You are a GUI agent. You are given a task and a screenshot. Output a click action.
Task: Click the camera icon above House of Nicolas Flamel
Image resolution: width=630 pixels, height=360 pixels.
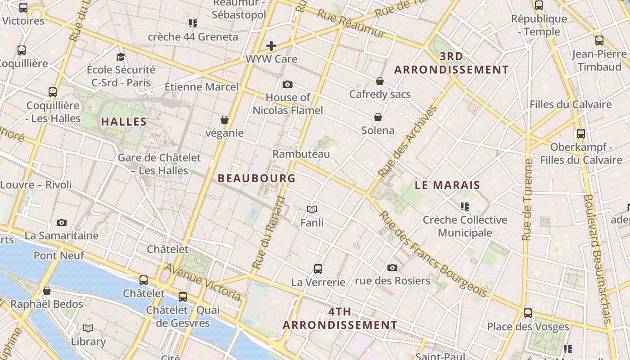(288, 84)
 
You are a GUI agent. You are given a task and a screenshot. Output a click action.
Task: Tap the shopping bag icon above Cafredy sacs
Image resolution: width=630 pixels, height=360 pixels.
(380, 81)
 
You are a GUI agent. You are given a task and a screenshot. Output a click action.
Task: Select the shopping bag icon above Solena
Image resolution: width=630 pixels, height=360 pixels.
(378, 117)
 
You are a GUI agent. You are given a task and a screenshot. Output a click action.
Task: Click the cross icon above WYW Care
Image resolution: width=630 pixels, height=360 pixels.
(271, 45)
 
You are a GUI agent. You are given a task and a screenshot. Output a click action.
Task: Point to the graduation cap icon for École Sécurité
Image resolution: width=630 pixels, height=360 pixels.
(121, 57)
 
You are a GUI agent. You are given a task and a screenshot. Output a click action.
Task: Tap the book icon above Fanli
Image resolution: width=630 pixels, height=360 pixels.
(312, 209)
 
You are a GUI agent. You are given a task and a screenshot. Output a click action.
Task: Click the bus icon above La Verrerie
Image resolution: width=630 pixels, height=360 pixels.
(318, 269)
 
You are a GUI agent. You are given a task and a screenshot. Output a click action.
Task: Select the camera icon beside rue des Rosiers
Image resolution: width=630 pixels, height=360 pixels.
(392, 268)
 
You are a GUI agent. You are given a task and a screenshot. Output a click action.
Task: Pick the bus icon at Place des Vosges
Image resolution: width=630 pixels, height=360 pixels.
(528, 313)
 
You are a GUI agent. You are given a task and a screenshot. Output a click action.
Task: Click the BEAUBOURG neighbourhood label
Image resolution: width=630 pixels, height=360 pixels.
(256, 178)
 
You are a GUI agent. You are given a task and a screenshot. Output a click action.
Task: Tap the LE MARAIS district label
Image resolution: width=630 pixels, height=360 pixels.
(447, 185)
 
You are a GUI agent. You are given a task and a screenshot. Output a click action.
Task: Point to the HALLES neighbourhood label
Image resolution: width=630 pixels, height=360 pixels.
(124, 121)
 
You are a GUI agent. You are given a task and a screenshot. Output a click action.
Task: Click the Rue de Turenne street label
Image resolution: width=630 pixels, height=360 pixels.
(527, 199)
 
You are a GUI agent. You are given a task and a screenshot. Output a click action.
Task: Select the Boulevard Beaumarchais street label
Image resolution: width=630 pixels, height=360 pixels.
(598, 258)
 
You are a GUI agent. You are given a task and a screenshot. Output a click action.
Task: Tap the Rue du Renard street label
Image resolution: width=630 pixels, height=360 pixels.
(269, 233)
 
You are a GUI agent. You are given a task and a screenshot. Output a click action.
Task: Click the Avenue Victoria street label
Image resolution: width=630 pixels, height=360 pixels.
(202, 282)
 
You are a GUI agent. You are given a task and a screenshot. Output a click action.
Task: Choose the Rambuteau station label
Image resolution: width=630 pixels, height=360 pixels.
(301, 154)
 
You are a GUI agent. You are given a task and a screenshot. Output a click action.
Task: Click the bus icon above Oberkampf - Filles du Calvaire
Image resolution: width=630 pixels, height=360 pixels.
(581, 134)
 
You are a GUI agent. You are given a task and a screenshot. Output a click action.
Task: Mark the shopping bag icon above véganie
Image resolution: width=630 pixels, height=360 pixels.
(225, 120)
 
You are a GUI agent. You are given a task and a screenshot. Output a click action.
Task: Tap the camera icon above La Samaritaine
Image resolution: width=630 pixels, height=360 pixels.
(62, 222)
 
